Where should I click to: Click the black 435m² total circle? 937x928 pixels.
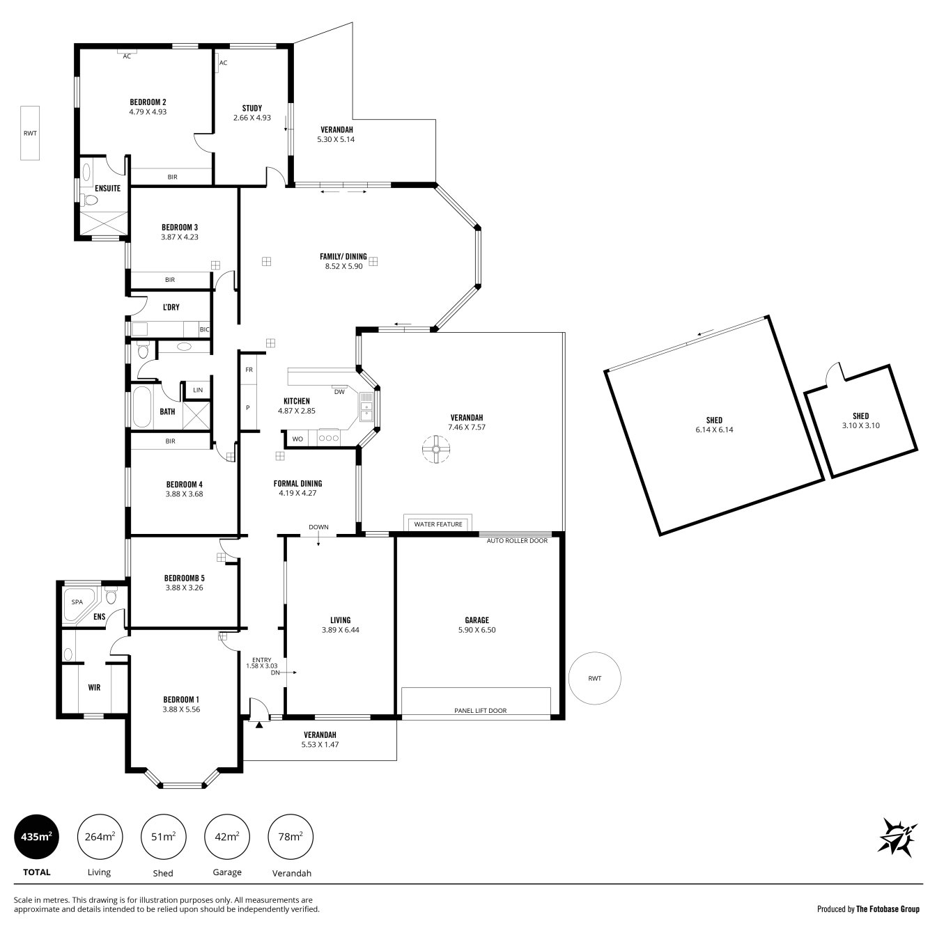click(36, 837)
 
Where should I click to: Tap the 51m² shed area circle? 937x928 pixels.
click(163, 837)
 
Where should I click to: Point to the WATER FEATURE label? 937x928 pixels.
click(438, 524)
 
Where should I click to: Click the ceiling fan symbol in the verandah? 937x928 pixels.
click(436, 449)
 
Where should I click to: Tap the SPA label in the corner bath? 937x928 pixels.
click(77, 601)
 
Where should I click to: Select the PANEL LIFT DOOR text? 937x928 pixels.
click(481, 710)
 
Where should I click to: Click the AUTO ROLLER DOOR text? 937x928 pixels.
click(517, 540)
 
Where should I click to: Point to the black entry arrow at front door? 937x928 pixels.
click(259, 725)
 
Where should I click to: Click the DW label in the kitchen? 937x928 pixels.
click(339, 392)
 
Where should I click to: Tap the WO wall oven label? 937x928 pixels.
click(297, 439)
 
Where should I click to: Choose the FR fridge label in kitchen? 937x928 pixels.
click(249, 370)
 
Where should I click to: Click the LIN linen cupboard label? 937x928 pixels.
click(198, 390)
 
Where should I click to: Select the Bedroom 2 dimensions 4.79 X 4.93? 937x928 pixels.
click(148, 112)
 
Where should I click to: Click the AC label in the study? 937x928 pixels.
click(223, 63)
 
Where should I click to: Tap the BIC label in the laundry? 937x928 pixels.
click(205, 329)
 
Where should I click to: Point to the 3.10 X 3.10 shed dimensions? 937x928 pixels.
click(860, 425)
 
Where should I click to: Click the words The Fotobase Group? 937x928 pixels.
click(888, 909)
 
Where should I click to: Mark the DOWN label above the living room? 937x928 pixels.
click(318, 527)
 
